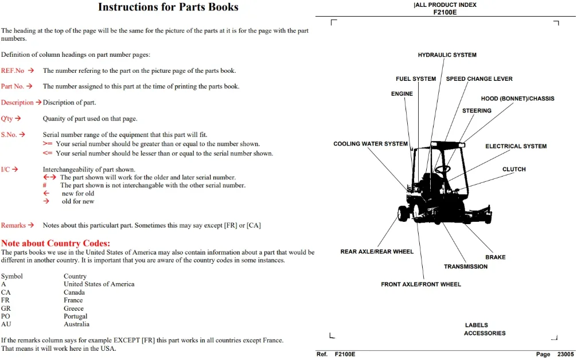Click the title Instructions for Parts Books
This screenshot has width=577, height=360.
click(168, 7)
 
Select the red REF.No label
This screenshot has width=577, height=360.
click(13, 71)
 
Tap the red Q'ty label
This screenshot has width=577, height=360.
click(7, 119)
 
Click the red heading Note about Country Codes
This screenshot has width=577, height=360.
click(56, 243)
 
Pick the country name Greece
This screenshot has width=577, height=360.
click(73, 308)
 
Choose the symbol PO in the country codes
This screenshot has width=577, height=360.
click(6, 316)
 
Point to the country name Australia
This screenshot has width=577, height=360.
click(76, 324)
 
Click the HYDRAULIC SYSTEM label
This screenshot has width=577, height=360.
click(447, 55)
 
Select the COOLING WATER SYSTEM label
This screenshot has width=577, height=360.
click(371, 144)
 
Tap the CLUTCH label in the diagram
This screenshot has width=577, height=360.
click(514, 169)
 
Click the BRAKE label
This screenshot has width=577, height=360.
click(496, 257)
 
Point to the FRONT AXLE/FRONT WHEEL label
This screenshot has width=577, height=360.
click(421, 284)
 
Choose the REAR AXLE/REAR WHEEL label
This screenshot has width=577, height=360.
click(377, 252)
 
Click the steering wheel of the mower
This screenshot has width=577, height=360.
click(442, 169)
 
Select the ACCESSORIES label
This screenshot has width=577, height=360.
click(485, 333)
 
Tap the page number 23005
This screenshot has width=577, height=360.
click(566, 354)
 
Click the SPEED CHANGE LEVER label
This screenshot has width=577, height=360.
click(479, 79)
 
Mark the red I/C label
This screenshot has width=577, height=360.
click(5, 169)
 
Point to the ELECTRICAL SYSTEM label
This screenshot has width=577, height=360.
click(516, 146)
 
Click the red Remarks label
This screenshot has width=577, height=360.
click(13, 225)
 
